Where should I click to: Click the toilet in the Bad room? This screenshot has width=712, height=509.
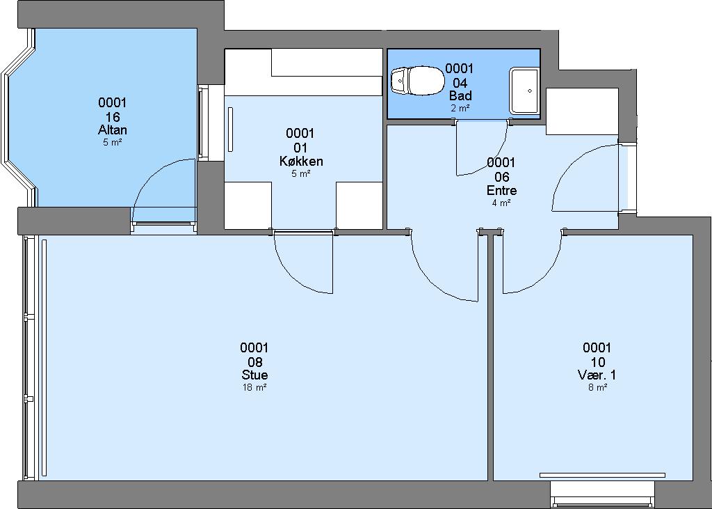coord(418,81)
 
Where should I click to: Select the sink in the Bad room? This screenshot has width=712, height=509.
coord(524,91)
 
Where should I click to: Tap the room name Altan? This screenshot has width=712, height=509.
coord(113,130)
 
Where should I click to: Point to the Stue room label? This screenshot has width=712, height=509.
coord(254,375)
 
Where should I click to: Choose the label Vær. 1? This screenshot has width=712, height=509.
coord(597,375)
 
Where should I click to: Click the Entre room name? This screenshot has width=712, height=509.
coord(501,190)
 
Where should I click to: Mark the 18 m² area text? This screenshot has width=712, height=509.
coord(254,388)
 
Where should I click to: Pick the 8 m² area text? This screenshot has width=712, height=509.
coord(597,388)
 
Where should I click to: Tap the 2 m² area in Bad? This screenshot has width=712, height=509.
coord(460,108)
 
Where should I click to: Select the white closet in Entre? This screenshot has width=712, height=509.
coord(582,111)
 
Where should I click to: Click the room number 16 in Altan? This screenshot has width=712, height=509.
coord(113,117)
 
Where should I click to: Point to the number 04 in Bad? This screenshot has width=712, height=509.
coord(460,83)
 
